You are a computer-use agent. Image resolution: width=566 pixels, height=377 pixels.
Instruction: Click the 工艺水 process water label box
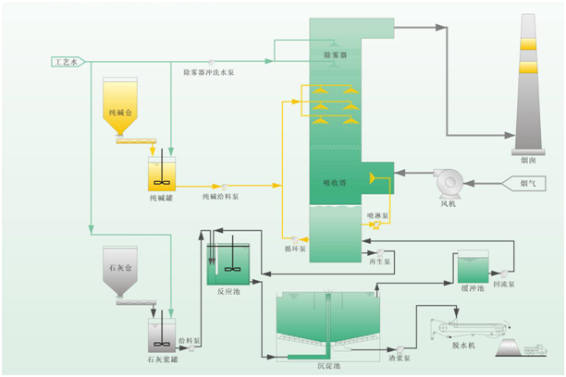click(x=67, y=62)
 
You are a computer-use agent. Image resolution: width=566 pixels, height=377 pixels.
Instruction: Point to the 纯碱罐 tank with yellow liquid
click(x=163, y=173)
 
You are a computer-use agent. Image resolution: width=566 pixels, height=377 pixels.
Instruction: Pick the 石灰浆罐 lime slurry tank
click(x=161, y=331)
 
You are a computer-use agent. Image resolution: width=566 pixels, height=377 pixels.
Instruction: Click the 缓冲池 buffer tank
click(x=473, y=268)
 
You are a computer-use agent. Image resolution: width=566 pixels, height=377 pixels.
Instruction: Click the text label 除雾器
click(x=334, y=55)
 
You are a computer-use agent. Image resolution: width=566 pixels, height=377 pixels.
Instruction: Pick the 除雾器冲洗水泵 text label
click(x=209, y=71)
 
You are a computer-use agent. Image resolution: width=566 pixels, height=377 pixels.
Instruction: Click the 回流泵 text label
click(x=504, y=286)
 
